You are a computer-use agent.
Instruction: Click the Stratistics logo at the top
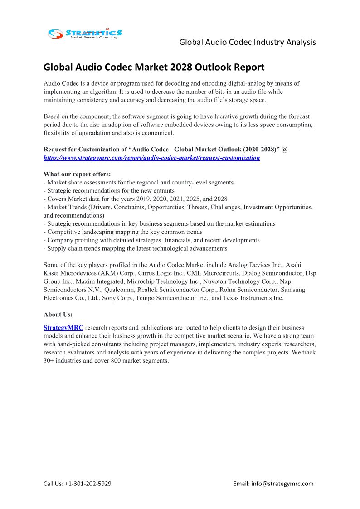(x=85, y=33)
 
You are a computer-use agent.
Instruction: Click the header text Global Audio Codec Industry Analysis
(x=248, y=42)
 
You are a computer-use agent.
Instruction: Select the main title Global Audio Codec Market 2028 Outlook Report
(x=154, y=68)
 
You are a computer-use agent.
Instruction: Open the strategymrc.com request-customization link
(x=151, y=158)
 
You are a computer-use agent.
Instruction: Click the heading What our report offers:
(x=77, y=174)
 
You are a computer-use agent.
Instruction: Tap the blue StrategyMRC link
(x=63, y=327)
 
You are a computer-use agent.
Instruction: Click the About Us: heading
(x=58, y=314)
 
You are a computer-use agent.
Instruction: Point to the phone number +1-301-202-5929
(x=88, y=484)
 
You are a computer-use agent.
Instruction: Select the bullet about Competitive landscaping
(x=123, y=232)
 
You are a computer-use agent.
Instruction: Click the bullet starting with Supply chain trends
(x=135, y=248)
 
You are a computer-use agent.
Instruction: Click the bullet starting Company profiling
(x=151, y=240)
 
